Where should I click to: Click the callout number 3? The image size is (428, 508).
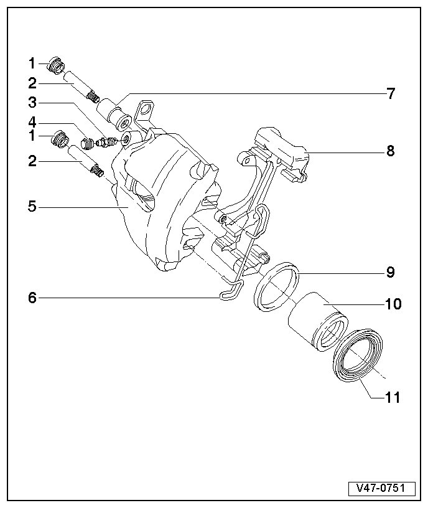(32, 101)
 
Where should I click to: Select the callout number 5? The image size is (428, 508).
(32, 205)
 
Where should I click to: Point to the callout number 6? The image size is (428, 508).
(32, 298)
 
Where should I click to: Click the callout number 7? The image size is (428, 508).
(390, 94)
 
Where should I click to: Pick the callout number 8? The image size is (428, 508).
(390, 151)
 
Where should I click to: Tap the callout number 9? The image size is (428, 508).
(390, 272)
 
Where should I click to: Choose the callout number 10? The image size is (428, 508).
(393, 304)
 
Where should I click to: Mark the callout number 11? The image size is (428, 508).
(393, 397)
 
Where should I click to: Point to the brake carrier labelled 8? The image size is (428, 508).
(283, 153)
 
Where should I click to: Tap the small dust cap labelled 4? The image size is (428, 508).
(88, 146)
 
